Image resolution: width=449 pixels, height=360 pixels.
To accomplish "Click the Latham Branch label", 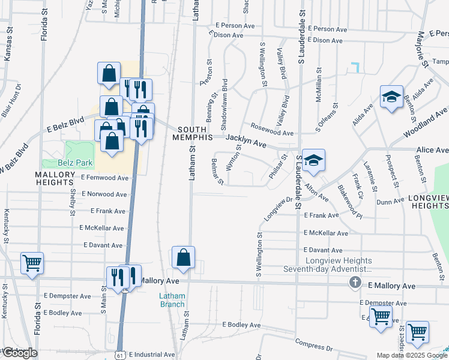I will click(x=172, y=300).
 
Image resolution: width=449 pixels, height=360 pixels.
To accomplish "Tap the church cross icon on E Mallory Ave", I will click(x=355, y=282).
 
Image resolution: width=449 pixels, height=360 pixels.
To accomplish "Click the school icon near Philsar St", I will click(x=313, y=161).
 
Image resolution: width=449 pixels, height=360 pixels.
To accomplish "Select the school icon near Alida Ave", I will click(x=391, y=97).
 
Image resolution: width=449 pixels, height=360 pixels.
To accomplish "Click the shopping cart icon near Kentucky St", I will click(x=32, y=263).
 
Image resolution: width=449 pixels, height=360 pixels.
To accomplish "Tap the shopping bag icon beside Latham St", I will click(x=184, y=257).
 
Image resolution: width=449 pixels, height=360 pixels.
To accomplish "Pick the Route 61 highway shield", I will click(x=120, y=354).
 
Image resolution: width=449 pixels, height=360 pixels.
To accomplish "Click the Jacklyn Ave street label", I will click(x=246, y=141).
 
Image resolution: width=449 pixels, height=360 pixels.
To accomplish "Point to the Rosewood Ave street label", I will click(x=272, y=130).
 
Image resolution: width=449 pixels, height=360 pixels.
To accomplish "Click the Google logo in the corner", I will click(x=20, y=353).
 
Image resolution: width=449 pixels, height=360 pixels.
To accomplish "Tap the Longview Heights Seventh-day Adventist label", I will click(x=339, y=265).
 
